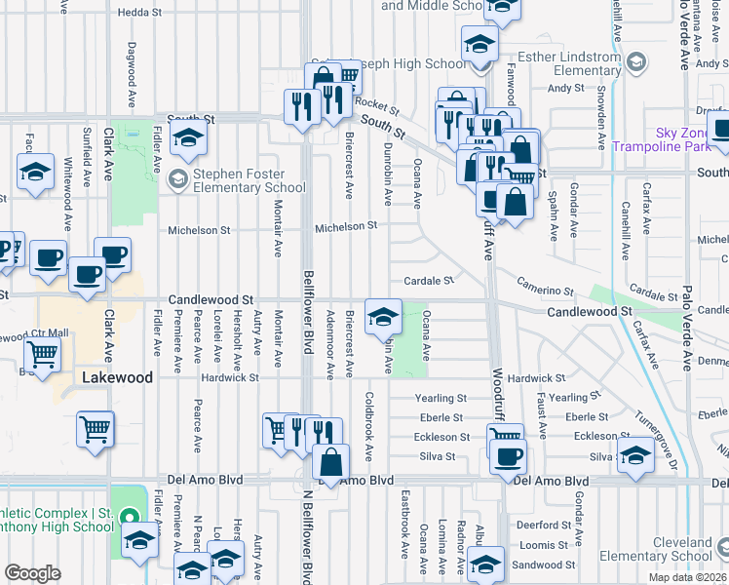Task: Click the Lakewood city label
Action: [x=117, y=376]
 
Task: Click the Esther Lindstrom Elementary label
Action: [x=559, y=64]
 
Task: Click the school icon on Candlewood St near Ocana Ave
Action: [x=383, y=316]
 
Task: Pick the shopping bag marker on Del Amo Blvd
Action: [x=331, y=464]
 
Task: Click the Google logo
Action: [x=32, y=573]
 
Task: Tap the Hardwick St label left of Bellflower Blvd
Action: [x=230, y=377]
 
